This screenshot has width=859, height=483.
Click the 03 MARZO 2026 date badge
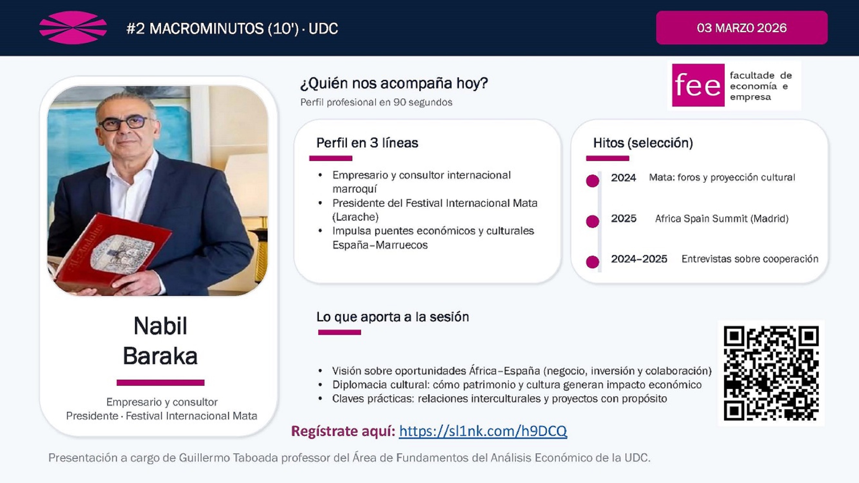tap(741, 28)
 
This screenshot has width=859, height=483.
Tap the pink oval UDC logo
tap(73, 28)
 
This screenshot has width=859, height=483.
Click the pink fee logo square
tap(698, 85)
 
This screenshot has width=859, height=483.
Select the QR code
tap(771, 373)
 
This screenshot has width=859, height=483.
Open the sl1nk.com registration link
tap(482, 431)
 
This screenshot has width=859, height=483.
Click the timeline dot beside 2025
tap(593, 221)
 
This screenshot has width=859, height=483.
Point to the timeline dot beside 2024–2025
tap(593, 262)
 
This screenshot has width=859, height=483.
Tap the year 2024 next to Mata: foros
tap(623, 178)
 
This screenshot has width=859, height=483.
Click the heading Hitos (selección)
tap(643, 143)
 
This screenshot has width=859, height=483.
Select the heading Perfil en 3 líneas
tap(367, 143)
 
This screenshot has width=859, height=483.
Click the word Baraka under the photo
tap(160, 356)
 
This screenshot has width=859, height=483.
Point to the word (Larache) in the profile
tap(355, 217)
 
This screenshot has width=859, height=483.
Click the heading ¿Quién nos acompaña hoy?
tap(394, 83)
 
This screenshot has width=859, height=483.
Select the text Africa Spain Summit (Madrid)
tap(721, 219)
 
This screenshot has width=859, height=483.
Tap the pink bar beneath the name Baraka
tap(160, 383)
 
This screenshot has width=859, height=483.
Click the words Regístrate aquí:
tap(343, 431)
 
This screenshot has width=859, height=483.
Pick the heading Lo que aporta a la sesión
tap(393, 317)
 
